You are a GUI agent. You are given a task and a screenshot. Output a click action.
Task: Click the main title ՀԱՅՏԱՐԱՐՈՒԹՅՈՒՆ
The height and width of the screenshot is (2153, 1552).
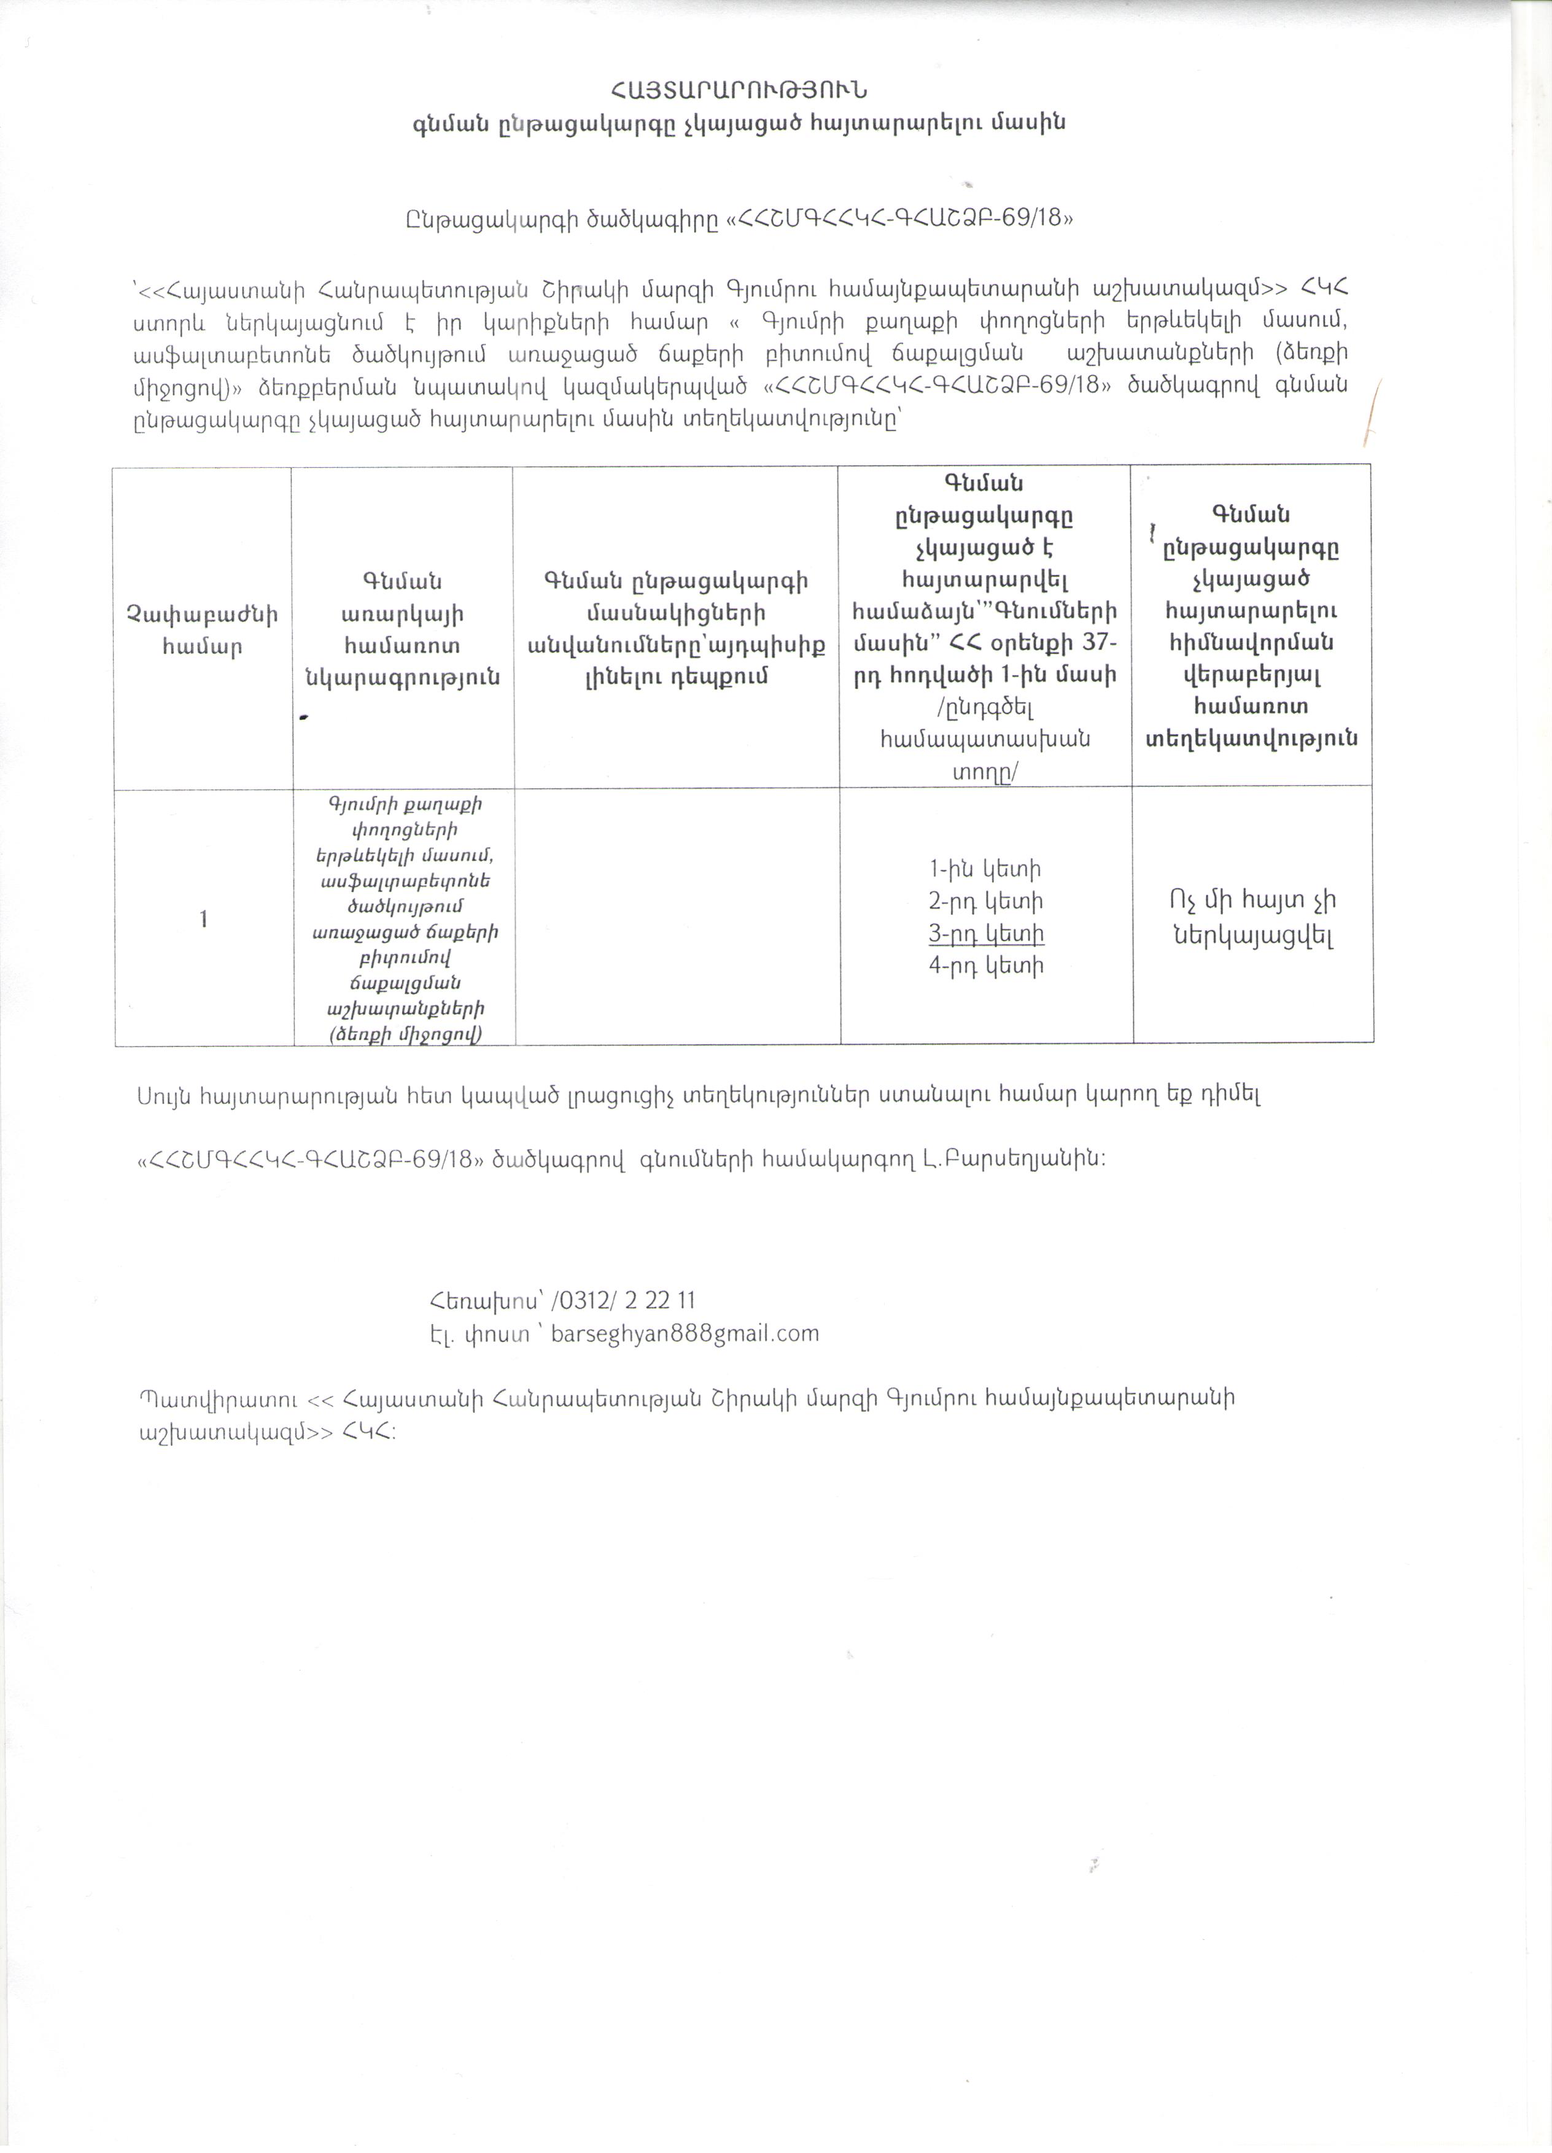click(x=739, y=91)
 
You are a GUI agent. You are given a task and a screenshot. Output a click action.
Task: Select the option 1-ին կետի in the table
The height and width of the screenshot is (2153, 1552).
click(x=985, y=869)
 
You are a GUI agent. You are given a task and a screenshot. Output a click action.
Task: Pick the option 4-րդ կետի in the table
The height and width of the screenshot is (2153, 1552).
click(x=986, y=966)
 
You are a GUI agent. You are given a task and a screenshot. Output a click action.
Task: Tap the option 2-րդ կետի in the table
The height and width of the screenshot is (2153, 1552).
click(x=986, y=901)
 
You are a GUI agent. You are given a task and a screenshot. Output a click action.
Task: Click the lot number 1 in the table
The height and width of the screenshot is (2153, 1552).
click(x=203, y=918)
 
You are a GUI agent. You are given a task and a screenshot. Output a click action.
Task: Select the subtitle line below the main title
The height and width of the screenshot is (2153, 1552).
click(x=739, y=123)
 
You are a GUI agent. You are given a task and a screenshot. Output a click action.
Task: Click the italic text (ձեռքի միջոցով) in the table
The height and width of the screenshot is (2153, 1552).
click(x=405, y=1034)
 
